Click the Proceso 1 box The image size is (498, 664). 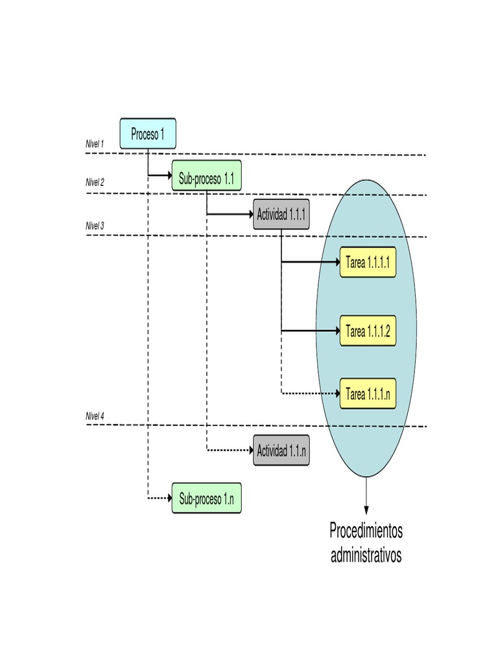click(x=147, y=134)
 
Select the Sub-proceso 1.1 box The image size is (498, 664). click(x=206, y=176)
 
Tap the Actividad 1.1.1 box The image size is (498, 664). click(x=281, y=215)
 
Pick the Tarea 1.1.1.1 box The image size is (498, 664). click(x=368, y=263)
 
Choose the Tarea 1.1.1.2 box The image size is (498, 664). click(x=368, y=331)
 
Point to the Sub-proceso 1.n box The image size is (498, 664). click(x=206, y=499)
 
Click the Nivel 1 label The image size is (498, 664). click(x=95, y=144)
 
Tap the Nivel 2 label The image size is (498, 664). click(x=95, y=183)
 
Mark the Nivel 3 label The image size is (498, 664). click(x=95, y=226)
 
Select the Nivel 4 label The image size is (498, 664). click(x=95, y=416)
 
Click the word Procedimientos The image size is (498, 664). click(x=366, y=531)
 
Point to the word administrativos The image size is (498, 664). click(x=366, y=556)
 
